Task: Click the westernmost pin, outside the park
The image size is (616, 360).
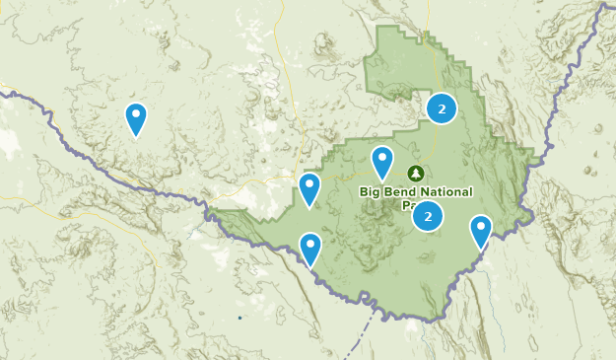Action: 136,119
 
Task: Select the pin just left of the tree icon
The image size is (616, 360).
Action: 382,163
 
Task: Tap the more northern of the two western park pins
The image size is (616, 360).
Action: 309,189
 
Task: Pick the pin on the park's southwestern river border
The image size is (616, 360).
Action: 310,250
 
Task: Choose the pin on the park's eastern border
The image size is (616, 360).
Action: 481,232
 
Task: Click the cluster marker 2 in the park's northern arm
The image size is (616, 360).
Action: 442,108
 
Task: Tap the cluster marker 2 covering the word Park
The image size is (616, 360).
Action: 428,216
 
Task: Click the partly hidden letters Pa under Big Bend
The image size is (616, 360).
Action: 408,206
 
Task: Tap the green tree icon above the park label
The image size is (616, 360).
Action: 415,174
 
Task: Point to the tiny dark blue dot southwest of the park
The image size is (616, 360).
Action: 240,318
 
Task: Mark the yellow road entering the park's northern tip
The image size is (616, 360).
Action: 427,37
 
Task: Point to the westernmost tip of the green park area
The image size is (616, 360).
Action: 216,211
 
